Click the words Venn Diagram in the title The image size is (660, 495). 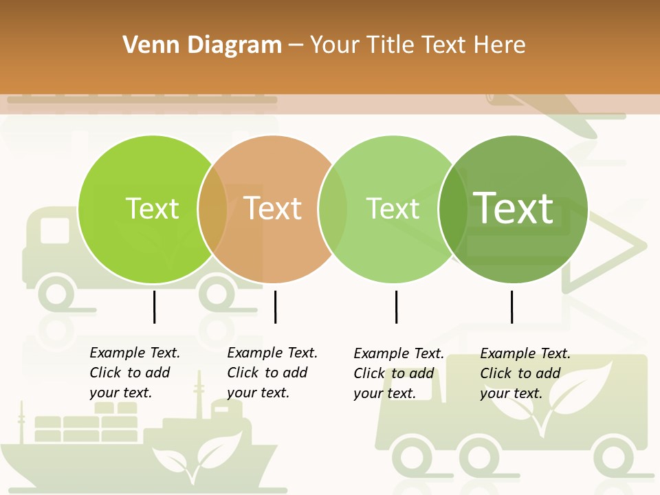click(x=202, y=45)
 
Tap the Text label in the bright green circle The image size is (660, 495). click(x=152, y=208)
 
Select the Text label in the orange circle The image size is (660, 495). click(x=273, y=208)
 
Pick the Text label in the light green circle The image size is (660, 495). click(x=393, y=208)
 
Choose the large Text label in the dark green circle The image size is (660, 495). click(x=514, y=208)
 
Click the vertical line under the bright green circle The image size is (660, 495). click(x=154, y=307)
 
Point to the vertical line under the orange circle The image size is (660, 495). click(x=275, y=307)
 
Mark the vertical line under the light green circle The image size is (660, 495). click(x=396, y=307)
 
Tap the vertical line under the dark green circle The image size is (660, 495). click(x=511, y=307)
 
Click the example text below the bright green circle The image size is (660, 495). click(x=135, y=373)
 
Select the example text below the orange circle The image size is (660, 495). click(x=272, y=373)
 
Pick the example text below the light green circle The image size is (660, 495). click(x=399, y=373)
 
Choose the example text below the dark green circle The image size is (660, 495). click(x=525, y=373)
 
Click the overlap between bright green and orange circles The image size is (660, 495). click(x=212, y=209)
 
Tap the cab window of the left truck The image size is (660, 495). click(x=54, y=231)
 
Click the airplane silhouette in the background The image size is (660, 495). click(x=550, y=110)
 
